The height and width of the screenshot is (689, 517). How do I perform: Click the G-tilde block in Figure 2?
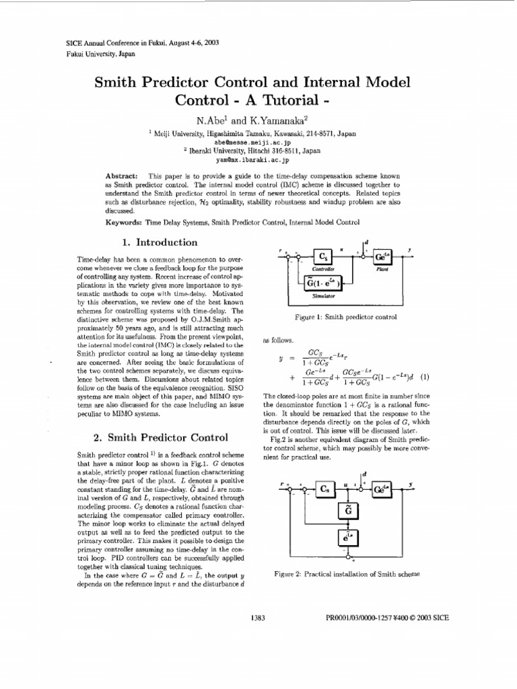[358, 513]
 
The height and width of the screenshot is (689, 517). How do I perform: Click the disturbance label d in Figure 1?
[368, 240]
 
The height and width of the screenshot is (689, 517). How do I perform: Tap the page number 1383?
[259, 618]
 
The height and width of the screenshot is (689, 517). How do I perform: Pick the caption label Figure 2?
[288, 574]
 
